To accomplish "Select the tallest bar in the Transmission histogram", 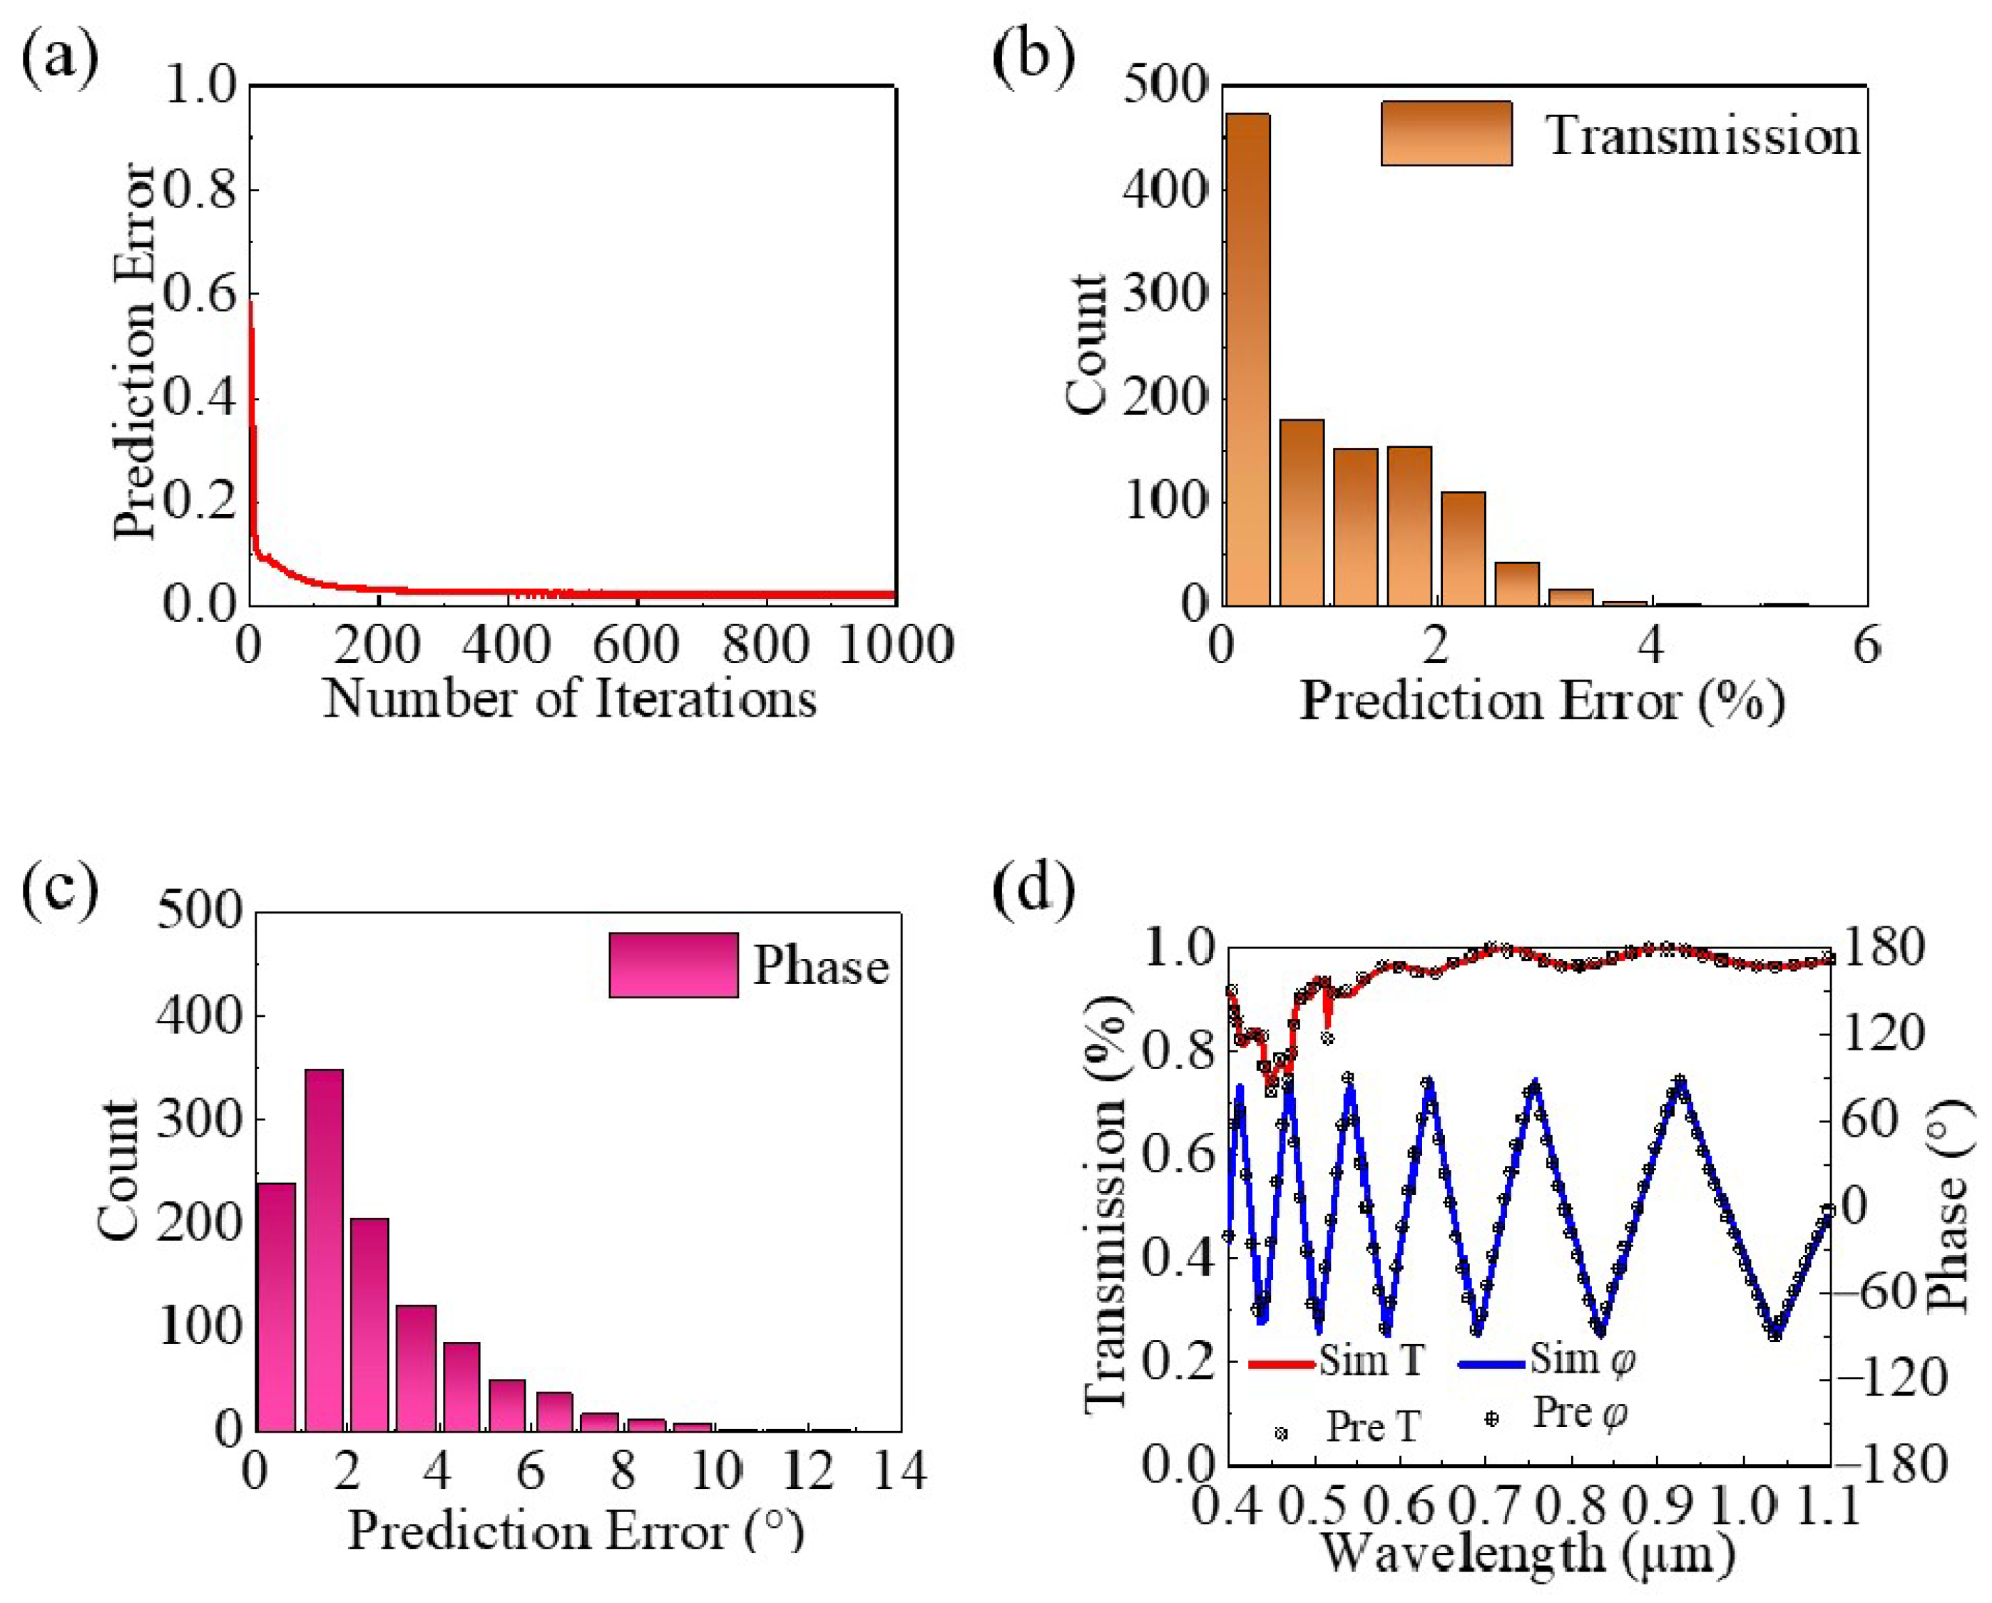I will [1247, 359].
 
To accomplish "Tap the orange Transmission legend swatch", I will [1446, 134].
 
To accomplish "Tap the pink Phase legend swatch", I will [673, 965].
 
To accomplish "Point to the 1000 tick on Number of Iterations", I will [895, 644].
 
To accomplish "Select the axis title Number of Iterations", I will [569, 700].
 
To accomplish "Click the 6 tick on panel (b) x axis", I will [1866, 644].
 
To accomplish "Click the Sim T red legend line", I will [1281, 1363].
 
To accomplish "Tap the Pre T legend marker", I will [1281, 1434].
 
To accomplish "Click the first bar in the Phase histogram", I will [275, 1307].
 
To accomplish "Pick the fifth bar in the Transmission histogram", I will [1463, 549].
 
